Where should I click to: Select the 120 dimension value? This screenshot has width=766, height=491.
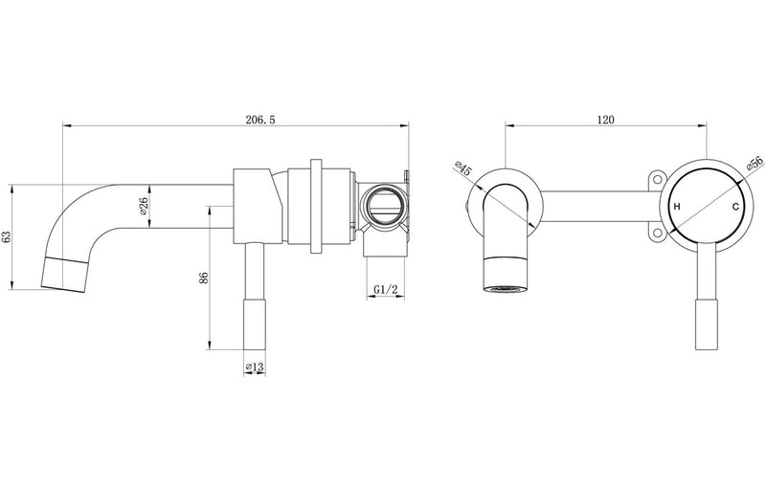[604, 120]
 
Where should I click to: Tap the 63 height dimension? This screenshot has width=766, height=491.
[8, 236]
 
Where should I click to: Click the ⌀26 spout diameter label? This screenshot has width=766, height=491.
[143, 205]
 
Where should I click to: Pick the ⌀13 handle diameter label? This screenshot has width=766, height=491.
[255, 368]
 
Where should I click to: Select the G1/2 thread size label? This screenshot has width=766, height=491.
[385, 288]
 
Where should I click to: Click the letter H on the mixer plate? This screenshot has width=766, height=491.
[677, 208]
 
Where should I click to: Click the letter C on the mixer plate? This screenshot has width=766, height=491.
[735, 208]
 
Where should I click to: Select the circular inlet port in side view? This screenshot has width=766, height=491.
[384, 205]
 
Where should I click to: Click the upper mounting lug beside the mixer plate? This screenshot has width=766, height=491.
[656, 180]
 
